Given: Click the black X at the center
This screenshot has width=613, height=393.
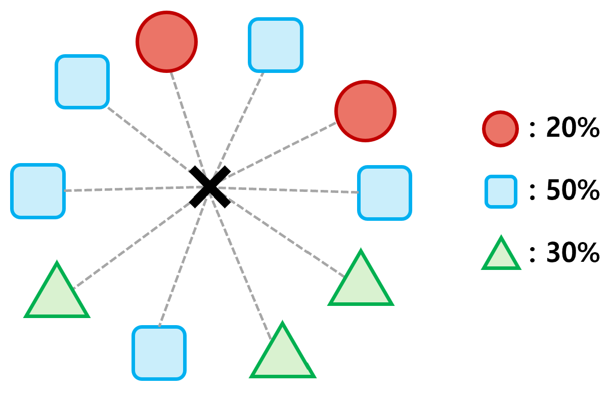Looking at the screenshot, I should (x=210, y=187).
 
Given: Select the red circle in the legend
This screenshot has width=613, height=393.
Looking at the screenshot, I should (x=500, y=129).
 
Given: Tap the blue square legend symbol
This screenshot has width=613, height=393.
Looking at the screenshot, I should (x=501, y=191).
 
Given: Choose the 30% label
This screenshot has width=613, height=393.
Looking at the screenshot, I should (x=573, y=253).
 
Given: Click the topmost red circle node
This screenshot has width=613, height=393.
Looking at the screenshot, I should (x=167, y=42).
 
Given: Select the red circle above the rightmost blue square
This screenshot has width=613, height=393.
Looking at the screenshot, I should (x=365, y=111).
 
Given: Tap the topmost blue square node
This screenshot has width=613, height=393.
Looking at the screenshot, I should (x=276, y=45).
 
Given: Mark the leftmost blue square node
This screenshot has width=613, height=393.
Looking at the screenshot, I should (x=38, y=191).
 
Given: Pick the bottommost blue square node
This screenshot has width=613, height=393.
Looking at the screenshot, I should (x=159, y=352).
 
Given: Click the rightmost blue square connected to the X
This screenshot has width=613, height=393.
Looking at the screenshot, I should (x=384, y=193).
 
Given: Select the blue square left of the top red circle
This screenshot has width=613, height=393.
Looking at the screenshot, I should (x=82, y=82).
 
